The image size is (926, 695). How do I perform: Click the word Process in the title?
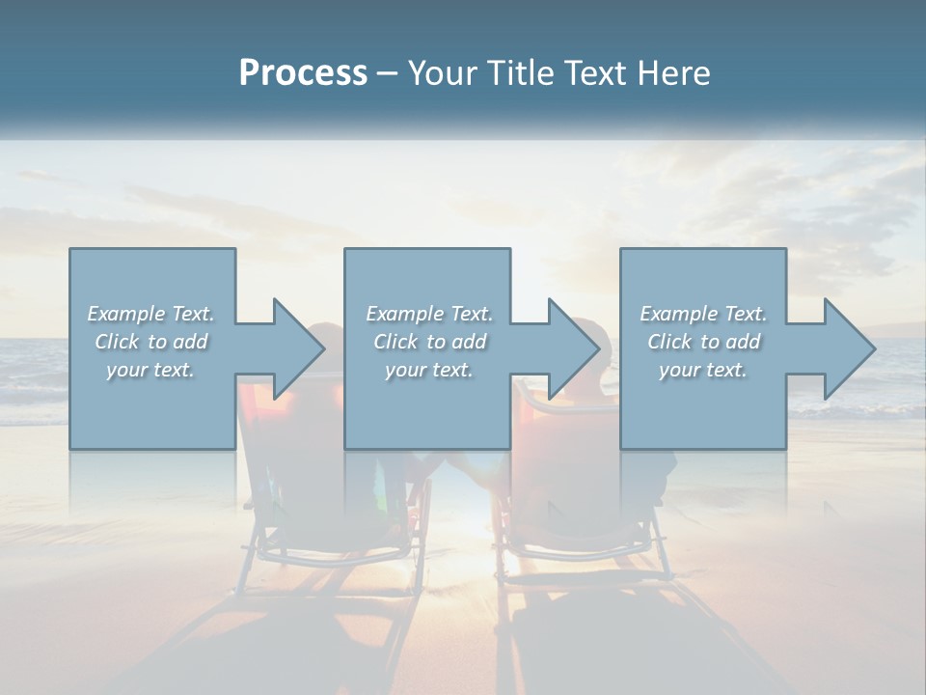[x=303, y=73]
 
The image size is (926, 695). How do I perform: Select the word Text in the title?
[x=594, y=73]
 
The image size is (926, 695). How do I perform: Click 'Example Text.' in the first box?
[x=150, y=314]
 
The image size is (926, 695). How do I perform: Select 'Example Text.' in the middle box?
[x=428, y=314]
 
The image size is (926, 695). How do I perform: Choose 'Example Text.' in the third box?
[x=703, y=314]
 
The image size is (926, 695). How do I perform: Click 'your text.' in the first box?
[x=150, y=370]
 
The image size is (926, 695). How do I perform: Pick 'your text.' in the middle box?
[x=428, y=370]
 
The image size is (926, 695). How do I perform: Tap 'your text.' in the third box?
[x=703, y=370]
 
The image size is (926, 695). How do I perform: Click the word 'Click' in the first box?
[x=116, y=342]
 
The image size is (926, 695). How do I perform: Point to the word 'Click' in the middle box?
[x=395, y=342]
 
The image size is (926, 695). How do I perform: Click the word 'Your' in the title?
[x=439, y=73]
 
